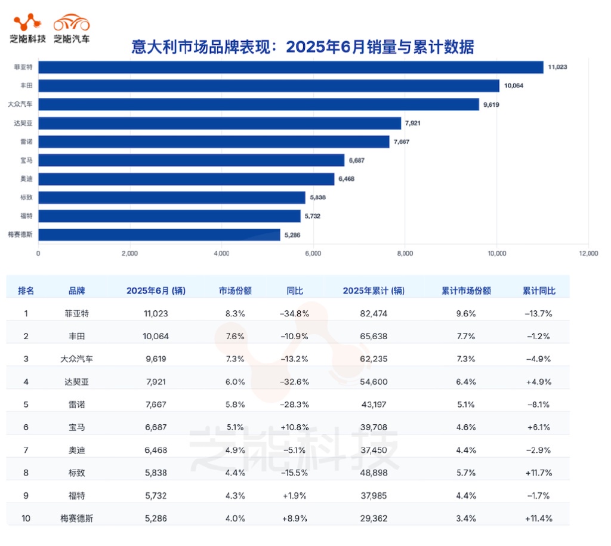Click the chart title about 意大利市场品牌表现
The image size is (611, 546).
click(303, 47)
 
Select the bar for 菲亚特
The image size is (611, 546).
click(291, 67)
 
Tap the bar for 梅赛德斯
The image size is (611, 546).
click(159, 235)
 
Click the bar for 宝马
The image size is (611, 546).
click(191, 160)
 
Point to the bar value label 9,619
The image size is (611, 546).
click(492, 104)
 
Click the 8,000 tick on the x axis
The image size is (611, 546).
click(405, 254)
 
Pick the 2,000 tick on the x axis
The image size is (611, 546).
click(129, 254)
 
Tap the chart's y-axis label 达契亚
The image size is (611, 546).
click(23, 123)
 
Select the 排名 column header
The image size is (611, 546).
click(26, 291)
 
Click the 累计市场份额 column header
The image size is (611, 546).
click(466, 291)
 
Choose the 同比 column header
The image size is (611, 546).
click(294, 291)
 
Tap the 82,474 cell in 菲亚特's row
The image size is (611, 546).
click(374, 313)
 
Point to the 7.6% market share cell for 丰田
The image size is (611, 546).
click(234, 336)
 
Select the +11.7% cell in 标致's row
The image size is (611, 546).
click(538, 473)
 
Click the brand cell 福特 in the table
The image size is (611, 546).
click(76, 495)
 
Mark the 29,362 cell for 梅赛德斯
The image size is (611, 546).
click(374, 519)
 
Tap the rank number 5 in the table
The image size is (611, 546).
click(26, 405)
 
